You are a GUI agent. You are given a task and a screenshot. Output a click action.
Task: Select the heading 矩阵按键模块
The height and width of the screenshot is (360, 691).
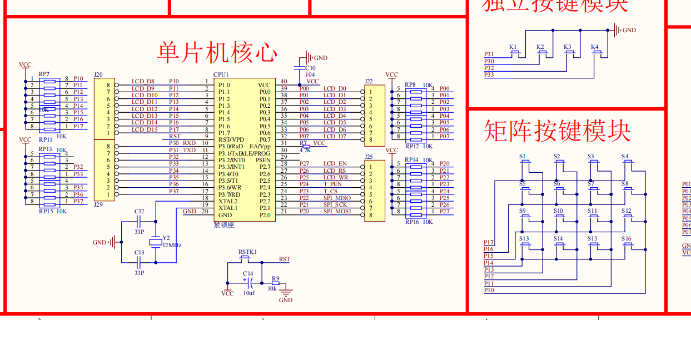pos(557,132)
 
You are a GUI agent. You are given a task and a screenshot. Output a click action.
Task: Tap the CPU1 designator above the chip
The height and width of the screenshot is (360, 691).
pos(221,74)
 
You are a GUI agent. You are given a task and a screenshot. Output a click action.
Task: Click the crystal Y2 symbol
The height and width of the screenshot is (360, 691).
pos(155,242)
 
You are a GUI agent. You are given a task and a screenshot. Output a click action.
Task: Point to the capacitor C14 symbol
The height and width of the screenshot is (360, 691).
pos(248,281)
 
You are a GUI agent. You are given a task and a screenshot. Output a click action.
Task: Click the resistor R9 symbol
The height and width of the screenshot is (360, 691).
pos(275,283)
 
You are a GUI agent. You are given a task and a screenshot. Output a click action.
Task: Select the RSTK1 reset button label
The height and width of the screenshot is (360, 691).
pos(247,252)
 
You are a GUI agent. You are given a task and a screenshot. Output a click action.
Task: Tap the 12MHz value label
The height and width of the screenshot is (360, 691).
pos(172,245)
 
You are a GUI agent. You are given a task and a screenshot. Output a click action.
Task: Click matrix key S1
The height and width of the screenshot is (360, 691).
pos(524,162)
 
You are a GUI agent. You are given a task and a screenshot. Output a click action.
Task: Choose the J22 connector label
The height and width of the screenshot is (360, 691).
pos(369,81)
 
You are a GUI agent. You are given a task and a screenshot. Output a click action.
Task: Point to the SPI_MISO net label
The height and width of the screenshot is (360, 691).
pos(337,198)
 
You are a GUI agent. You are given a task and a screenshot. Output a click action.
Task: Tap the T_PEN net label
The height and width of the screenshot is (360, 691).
pos(332,184)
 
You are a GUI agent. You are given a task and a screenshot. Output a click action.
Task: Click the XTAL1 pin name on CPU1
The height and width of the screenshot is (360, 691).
pos(228,208)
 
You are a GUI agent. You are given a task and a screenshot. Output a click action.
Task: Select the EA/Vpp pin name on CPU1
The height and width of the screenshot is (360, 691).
pos(260,146)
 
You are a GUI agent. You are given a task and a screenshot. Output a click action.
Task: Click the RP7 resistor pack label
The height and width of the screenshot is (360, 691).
pos(44,74)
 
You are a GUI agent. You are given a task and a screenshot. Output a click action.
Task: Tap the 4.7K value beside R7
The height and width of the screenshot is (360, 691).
pos(305,150)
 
